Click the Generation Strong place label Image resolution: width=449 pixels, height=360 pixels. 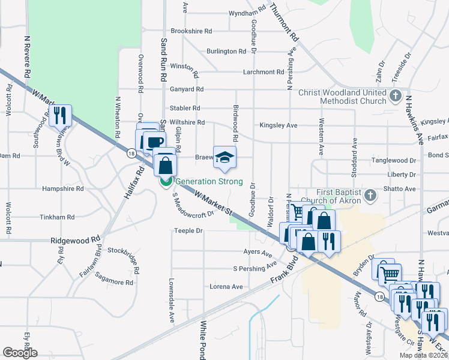(x=209, y=182)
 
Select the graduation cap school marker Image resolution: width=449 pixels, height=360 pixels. (x=224, y=157)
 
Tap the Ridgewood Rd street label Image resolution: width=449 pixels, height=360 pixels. (x=76, y=239)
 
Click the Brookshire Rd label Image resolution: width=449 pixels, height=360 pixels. (x=191, y=31)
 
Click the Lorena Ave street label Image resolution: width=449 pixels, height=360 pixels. (x=226, y=287)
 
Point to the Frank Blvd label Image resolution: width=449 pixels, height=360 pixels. (x=284, y=271)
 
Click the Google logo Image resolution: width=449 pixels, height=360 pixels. (x=20, y=353)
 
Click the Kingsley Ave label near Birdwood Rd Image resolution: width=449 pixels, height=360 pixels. (x=279, y=125)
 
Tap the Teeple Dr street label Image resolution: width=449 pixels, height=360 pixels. (x=185, y=230)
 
